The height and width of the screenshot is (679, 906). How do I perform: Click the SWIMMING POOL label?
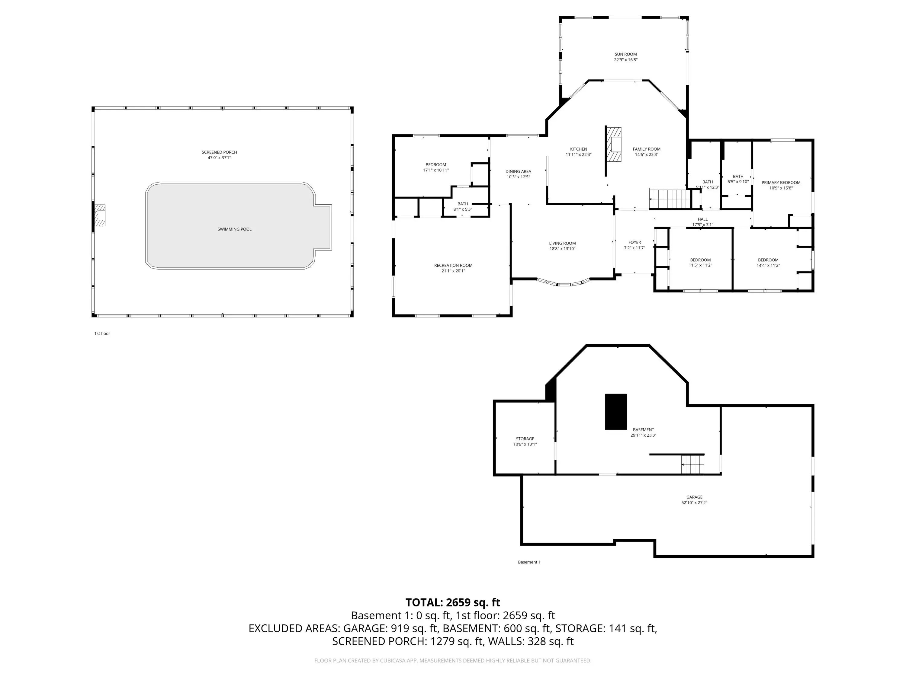click(234, 229)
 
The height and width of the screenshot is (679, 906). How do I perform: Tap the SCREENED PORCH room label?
click(219, 152)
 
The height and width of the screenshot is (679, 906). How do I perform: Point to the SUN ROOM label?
click(625, 54)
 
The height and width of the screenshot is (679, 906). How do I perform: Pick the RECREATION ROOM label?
click(453, 266)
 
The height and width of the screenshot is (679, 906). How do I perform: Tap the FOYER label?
click(635, 242)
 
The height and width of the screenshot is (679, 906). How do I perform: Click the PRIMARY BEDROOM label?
click(781, 183)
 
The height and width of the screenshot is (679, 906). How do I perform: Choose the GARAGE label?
click(694, 497)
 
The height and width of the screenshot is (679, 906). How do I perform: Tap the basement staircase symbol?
click(692, 464)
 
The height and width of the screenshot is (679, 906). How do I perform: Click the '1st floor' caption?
click(102, 333)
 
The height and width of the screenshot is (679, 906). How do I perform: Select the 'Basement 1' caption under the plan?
click(529, 562)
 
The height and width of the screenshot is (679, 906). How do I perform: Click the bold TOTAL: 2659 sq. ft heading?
click(453, 602)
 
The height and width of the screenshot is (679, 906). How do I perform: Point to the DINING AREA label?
click(518, 171)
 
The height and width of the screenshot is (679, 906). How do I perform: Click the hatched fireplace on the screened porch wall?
click(100, 215)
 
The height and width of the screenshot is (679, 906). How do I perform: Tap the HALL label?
click(702, 219)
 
